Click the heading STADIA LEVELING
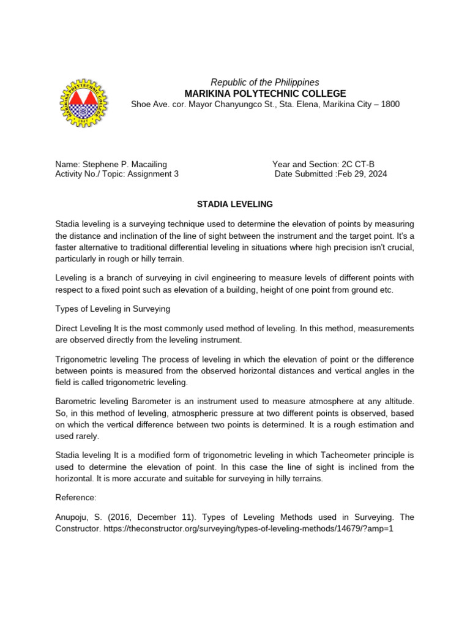point(234,204)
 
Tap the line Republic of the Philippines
point(265,82)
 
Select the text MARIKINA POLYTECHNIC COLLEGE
point(265,93)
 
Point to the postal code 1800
point(389,104)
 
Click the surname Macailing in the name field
point(146,164)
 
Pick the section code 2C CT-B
point(357,164)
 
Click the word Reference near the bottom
point(75,498)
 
